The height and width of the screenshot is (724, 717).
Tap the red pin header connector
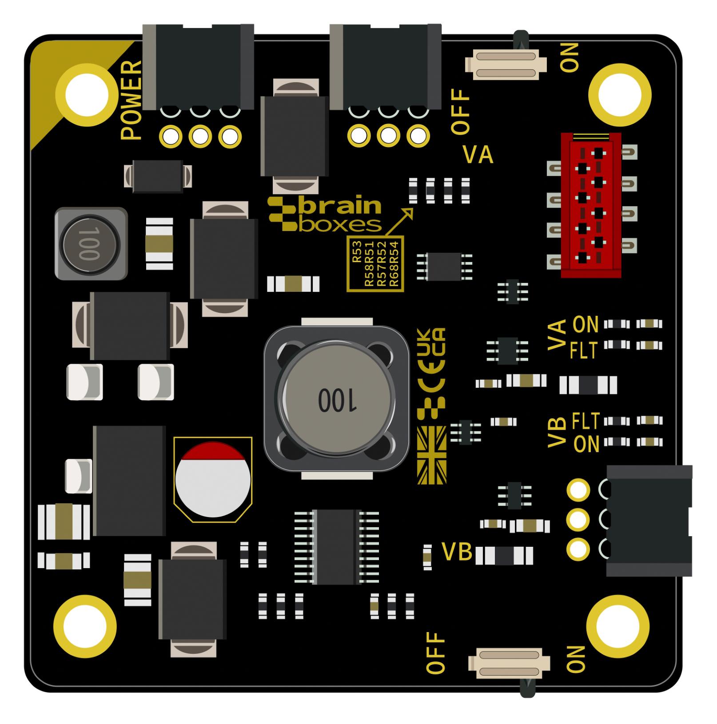591,205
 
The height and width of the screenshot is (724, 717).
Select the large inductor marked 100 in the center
337,399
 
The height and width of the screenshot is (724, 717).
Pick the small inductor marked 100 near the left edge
91,243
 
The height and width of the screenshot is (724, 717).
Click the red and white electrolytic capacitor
212,479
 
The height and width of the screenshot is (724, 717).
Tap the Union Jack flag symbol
431,455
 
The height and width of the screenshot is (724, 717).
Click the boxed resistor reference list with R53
375,264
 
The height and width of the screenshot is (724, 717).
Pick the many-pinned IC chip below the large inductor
336,546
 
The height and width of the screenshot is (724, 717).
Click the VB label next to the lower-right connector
457,552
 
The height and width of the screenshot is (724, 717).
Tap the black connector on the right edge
648,521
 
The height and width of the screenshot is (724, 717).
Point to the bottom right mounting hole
618,626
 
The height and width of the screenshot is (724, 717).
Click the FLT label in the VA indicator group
584,351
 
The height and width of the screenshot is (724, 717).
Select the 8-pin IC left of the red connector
444,266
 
